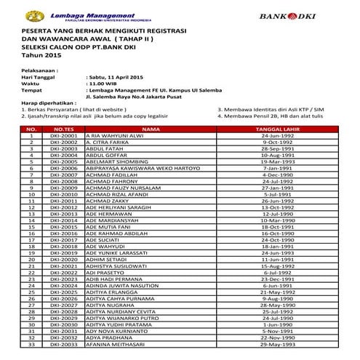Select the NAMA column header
tap(151, 130)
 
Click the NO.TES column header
tap(64, 130)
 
